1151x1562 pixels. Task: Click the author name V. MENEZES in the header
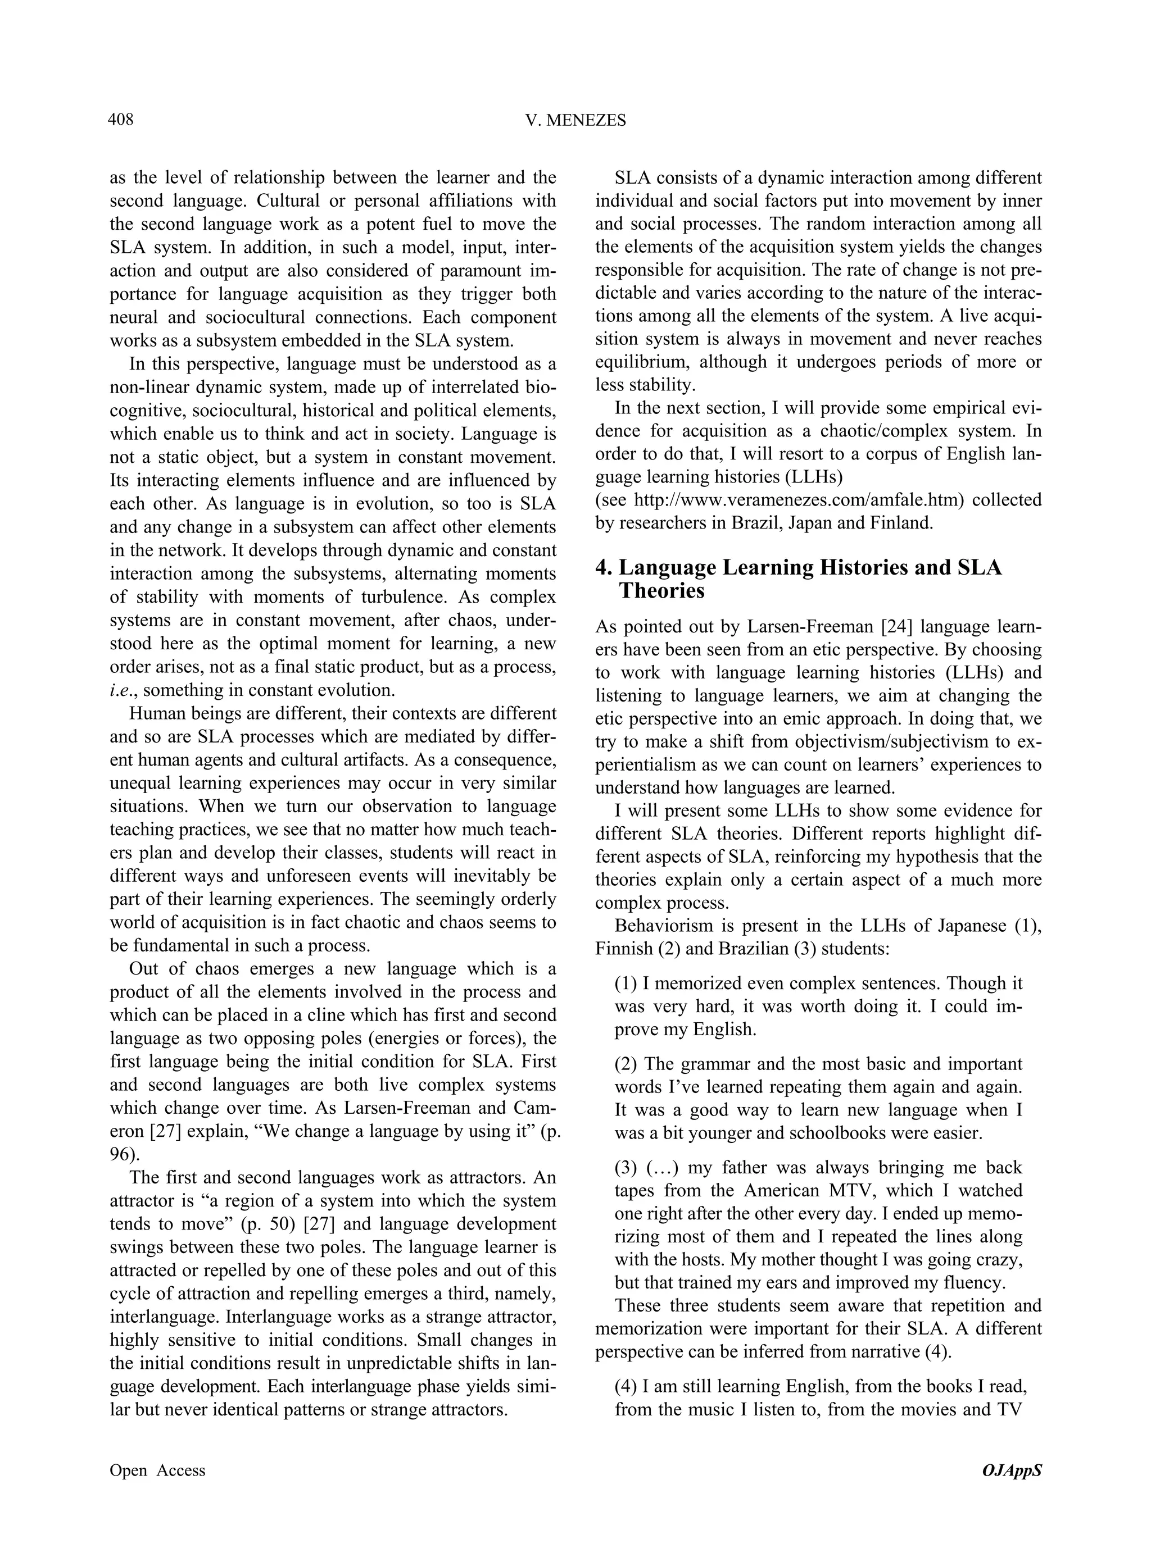pyautogui.click(x=575, y=121)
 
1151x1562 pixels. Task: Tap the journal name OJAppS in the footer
pyautogui.click(x=1011, y=1470)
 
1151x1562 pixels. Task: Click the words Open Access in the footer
pyautogui.click(x=157, y=1470)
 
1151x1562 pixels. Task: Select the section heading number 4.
pyautogui.click(x=604, y=567)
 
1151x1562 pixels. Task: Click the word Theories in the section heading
pyautogui.click(x=661, y=591)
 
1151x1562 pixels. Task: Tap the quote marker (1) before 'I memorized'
pyautogui.click(x=626, y=983)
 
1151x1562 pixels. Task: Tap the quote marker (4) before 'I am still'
pyautogui.click(x=626, y=1386)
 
